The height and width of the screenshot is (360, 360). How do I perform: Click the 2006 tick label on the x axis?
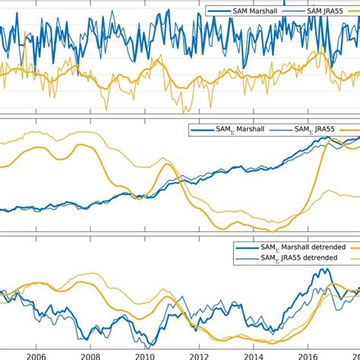pyautogui.click(x=35, y=353)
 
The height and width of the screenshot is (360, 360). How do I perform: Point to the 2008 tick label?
pyautogui.click(x=90, y=353)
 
